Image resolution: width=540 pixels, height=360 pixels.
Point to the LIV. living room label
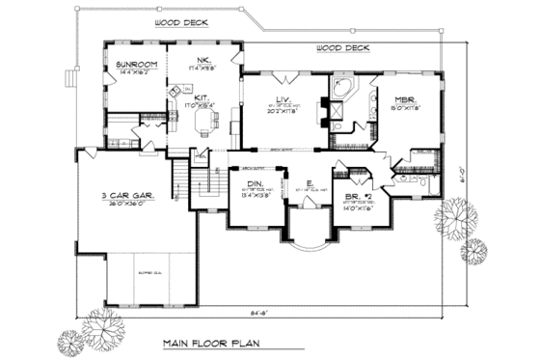284,99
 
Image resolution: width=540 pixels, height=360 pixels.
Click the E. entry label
309,182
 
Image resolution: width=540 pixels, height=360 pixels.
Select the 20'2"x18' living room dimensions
283,111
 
